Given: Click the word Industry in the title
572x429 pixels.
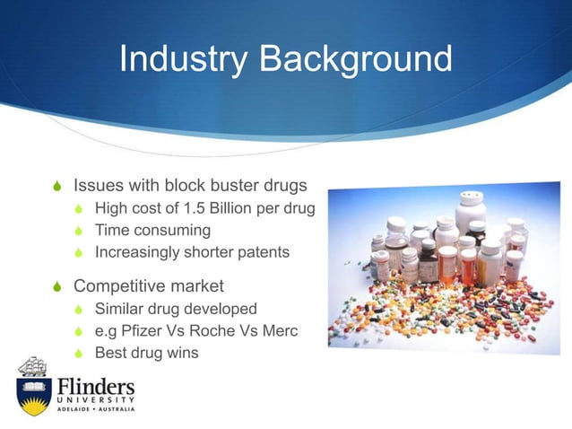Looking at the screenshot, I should (183, 60).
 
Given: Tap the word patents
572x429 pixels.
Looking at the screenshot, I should (260, 252).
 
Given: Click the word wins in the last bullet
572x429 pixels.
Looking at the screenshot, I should (181, 353).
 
